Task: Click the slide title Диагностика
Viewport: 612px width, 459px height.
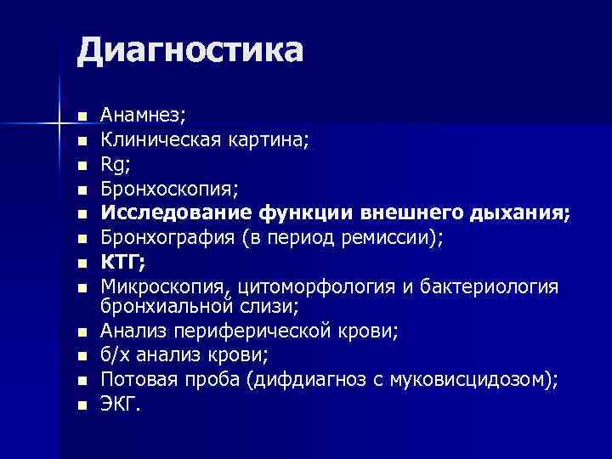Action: point(190,50)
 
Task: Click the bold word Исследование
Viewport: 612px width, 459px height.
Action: point(167,211)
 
